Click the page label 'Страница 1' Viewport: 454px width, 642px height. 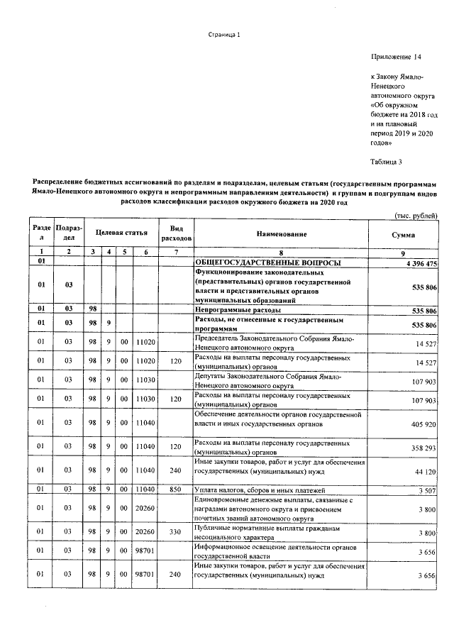point(225,35)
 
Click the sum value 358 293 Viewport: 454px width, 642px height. point(422,448)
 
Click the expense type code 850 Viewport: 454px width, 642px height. point(176,489)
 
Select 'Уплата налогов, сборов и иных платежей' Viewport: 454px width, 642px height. point(260,489)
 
